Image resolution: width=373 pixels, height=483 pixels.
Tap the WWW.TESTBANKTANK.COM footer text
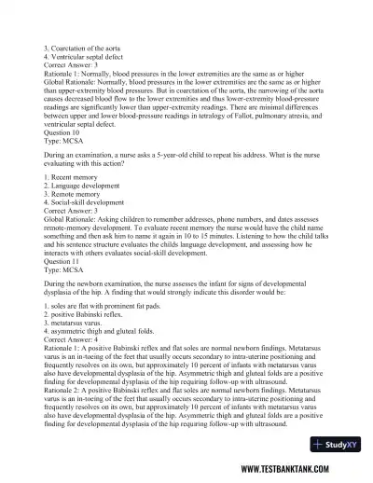click(298, 470)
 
